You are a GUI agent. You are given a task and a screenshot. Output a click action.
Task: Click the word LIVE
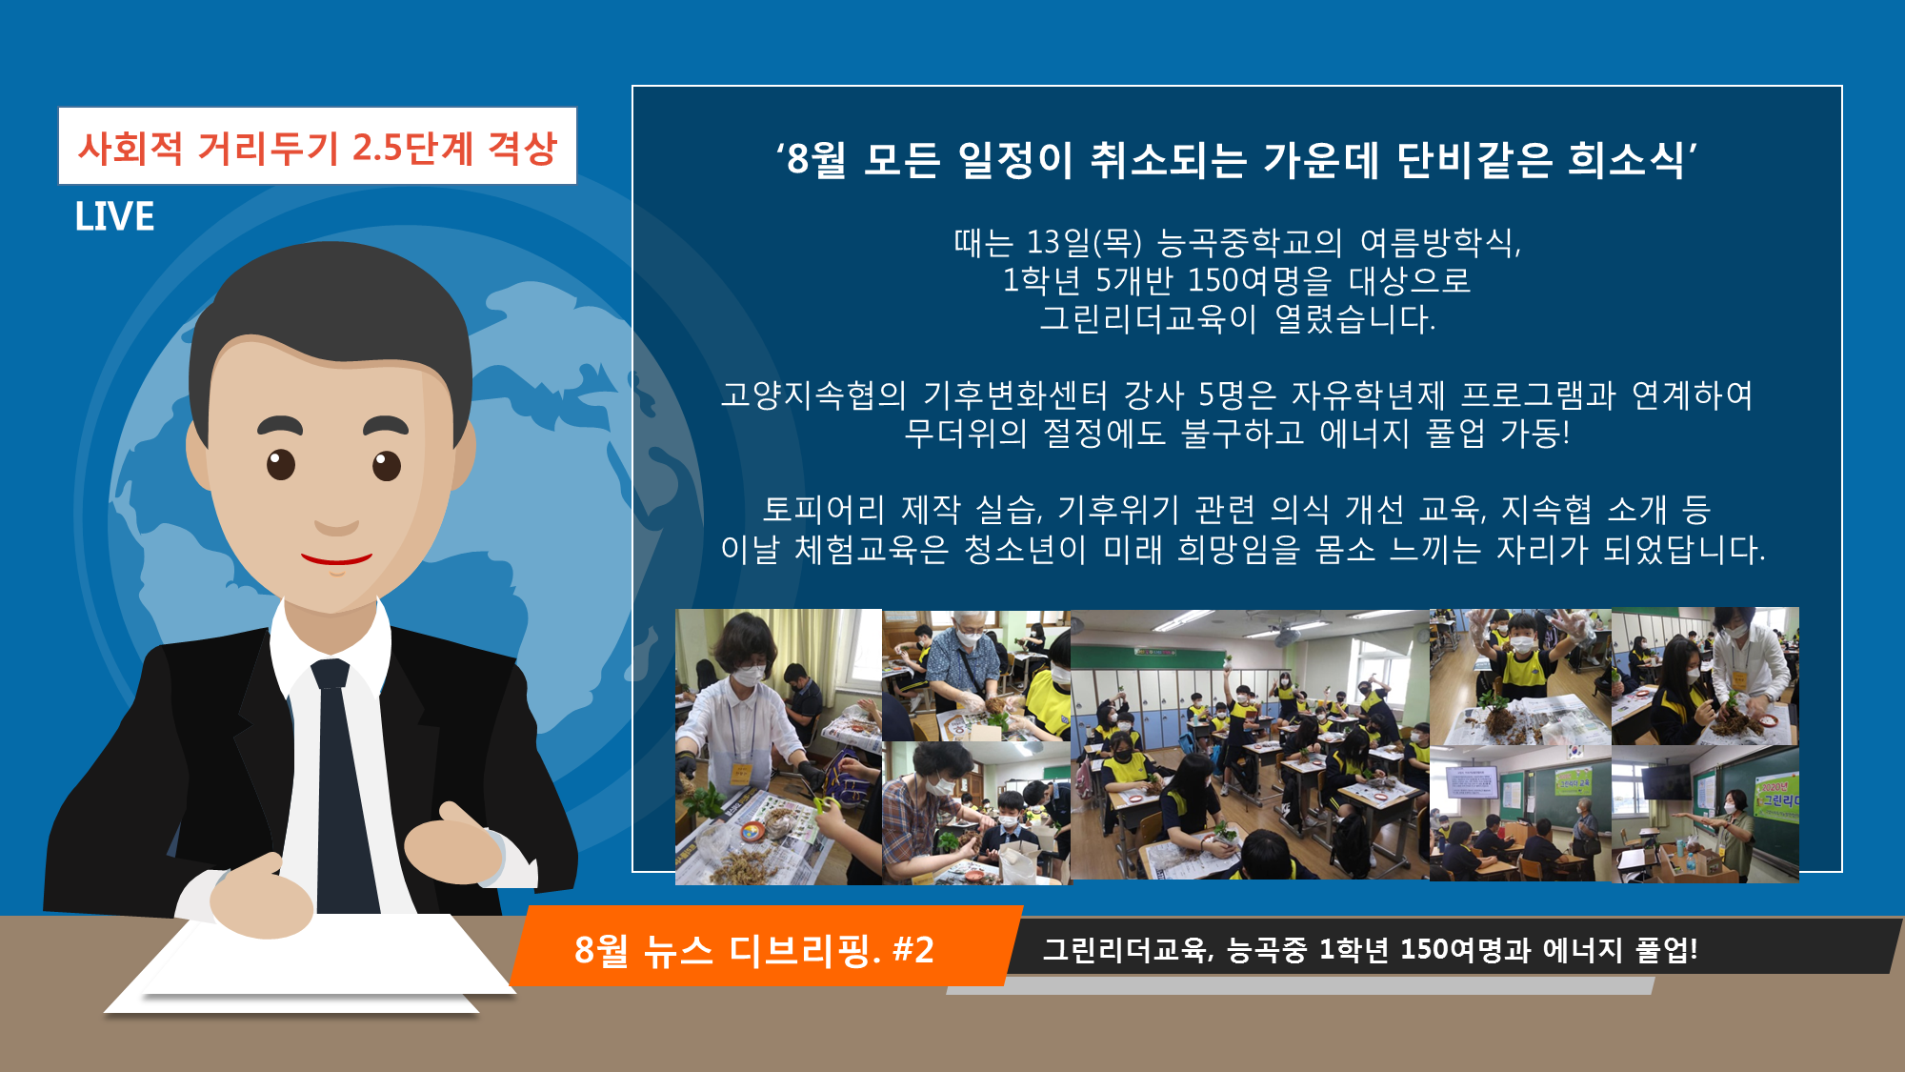coord(114,216)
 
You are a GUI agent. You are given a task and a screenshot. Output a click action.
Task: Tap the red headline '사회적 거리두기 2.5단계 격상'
coord(317,148)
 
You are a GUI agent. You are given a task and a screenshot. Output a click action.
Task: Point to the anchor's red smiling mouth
coord(336,560)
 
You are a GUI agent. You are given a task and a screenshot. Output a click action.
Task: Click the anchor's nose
coord(335,505)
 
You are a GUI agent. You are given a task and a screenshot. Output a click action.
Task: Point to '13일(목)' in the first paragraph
coord(1084,243)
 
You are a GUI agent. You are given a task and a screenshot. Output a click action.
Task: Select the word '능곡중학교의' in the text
coord(1250,243)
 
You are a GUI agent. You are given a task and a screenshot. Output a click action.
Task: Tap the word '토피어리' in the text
coord(823,510)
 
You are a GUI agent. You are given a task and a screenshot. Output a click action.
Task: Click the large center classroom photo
coord(1250,745)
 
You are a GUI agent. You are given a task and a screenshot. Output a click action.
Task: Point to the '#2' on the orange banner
coord(913,950)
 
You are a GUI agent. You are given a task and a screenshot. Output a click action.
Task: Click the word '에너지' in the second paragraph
coord(1364,435)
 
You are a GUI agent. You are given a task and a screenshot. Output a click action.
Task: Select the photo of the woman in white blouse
coord(778,747)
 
